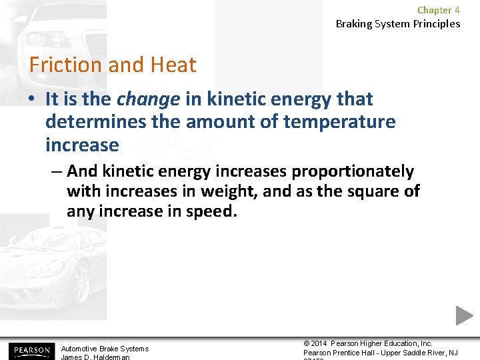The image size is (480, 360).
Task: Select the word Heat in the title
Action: [173, 65]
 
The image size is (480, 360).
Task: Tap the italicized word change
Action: [148, 99]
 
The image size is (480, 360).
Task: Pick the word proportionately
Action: [354, 171]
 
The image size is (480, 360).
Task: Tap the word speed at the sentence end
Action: [216, 211]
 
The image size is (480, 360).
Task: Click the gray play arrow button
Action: [464, 315]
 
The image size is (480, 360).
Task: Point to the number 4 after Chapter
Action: [457, 10]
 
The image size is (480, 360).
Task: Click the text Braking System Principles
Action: [397, 24]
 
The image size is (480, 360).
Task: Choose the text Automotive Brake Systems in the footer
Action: [105, 349]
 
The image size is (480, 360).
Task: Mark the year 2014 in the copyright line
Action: [320, 343]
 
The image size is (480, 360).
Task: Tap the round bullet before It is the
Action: [32, 100]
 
